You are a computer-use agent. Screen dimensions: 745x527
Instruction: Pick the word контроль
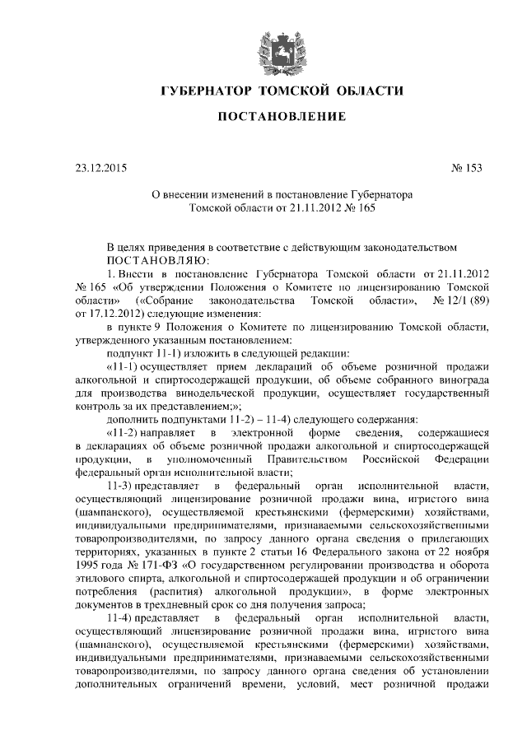[x=97, y=406]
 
